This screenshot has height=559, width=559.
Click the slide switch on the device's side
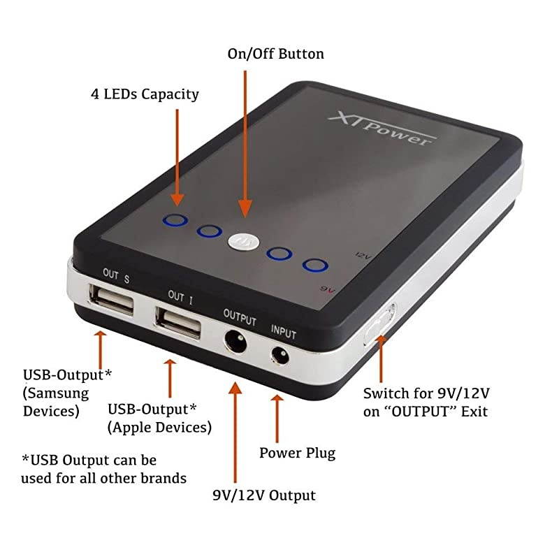click(x=379, y=322)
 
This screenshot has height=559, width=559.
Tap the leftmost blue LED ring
click(x=175, y=221)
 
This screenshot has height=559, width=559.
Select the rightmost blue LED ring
click(x=315, y=266)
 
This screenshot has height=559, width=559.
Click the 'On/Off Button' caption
click(x=276, y=54)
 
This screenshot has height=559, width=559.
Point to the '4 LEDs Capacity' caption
click(x=145, y=94)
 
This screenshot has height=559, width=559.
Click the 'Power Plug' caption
click(x=297, y=453)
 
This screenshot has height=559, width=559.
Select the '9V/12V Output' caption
click(x=264, y=495)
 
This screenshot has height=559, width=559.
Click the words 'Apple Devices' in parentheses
click(x=159, y=426)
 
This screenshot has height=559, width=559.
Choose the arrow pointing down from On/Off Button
click(x=245, y=140)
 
